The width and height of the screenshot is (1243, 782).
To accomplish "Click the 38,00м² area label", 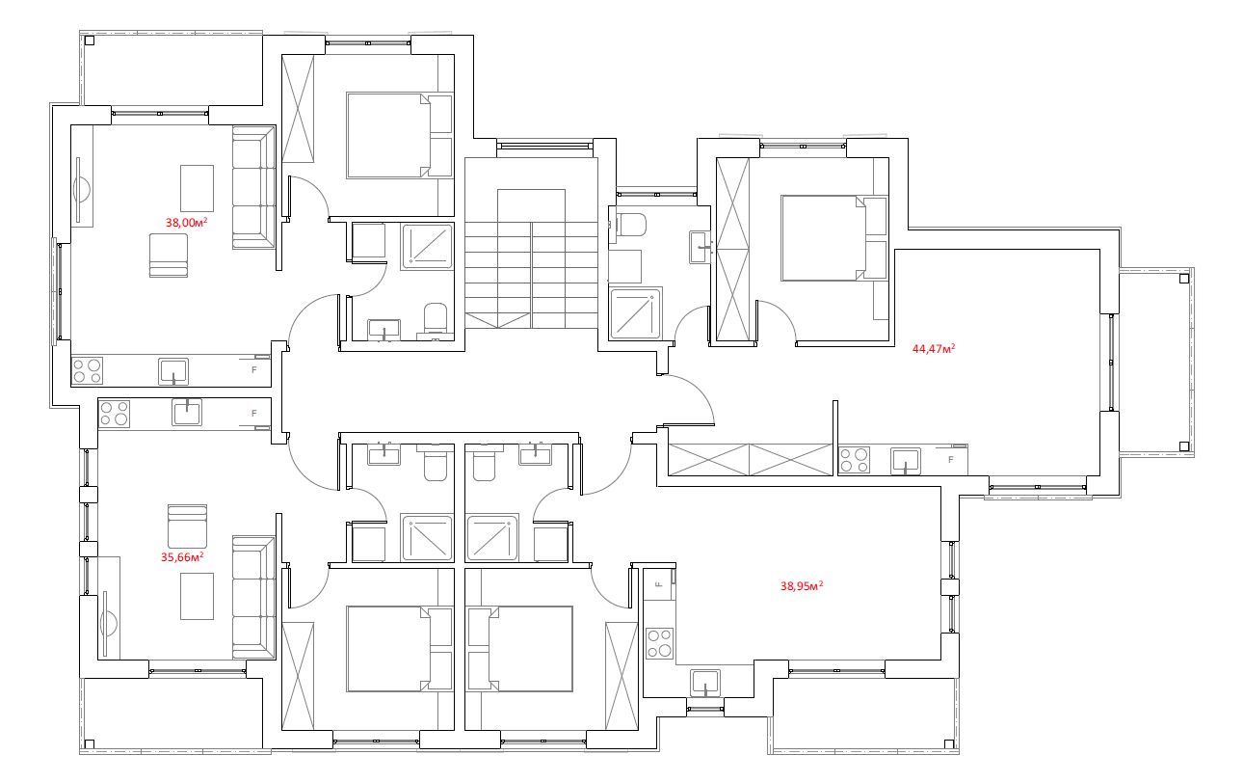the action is point(187,223).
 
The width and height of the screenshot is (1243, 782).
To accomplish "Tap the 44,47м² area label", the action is point(934,349).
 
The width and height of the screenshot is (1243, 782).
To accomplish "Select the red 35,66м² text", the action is point(182,557).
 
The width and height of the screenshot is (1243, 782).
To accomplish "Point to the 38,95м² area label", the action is point(802,586).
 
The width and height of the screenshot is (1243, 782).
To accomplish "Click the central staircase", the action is point(531,258).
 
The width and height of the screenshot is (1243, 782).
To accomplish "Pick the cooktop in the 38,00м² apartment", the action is point(87,371).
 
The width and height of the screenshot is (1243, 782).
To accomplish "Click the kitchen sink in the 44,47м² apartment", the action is point(906,462).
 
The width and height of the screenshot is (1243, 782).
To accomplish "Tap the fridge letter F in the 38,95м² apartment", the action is point(659,584).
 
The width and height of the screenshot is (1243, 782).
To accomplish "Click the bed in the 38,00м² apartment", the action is point(398,136).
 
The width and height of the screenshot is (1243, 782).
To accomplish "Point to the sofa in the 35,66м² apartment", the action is point(253,598).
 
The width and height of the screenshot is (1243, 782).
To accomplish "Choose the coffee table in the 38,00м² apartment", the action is point(197,188).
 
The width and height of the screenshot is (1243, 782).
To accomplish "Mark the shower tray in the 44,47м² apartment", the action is point(635,313).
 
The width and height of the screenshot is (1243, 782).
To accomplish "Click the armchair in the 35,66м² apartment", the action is point(187,526).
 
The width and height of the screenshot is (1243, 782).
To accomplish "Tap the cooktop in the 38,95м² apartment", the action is point(659,643).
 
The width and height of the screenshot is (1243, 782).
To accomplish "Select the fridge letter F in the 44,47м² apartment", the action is point(951,459).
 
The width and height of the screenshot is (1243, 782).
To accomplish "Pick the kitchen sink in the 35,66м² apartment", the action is point(187,413).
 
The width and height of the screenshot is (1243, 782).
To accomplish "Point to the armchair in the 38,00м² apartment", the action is point(168,256).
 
